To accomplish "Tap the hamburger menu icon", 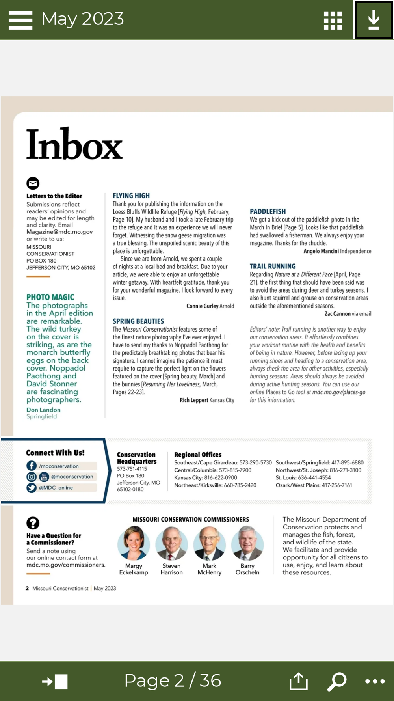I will click(20, 20).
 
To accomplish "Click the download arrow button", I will click(374, 20).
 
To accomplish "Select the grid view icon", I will click(333, 20).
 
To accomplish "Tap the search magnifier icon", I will click(337, 681).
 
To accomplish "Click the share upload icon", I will click(298, 681).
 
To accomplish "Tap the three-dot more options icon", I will click(375, 681).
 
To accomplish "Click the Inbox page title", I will click(74, 144).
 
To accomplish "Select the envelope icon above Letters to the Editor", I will click(33, 183).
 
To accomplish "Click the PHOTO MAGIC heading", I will click(50, 297).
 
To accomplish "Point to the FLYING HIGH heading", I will click(131, 196).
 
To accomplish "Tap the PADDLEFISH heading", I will click(268, 211).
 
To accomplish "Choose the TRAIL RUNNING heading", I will click(273, 266).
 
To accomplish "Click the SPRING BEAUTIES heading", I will click(138, 321).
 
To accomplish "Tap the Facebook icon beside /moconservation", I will click(32, 466).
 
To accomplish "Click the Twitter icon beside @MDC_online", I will click(32, 488).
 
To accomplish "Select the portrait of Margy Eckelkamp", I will click(134, 543).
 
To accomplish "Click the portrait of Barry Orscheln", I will click(247, 543).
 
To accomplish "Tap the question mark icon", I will click(33, 523).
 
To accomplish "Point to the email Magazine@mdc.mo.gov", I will click(59, 232).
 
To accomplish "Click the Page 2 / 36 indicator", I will click(173, 680).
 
